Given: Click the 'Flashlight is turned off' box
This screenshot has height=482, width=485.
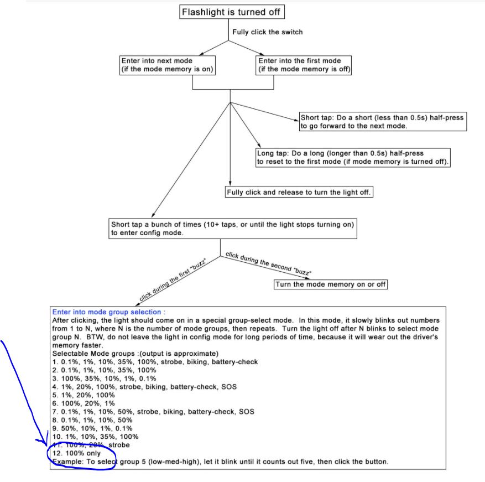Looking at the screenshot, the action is (232, 12).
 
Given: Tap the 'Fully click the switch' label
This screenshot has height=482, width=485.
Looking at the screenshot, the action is (268, 32).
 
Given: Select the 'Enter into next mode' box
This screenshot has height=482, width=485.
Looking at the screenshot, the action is (168, 65).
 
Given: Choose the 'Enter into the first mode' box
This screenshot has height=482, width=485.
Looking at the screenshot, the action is (304, 65).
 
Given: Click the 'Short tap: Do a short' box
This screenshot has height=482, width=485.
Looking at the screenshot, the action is (383, 122).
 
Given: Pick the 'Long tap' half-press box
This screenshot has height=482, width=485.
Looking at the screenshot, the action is (353, 158).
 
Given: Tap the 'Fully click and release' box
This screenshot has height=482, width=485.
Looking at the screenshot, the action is (299, 192).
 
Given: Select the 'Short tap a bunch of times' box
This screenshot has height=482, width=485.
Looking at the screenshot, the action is (233, 229).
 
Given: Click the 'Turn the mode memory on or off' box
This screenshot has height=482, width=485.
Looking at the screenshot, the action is (331, 284).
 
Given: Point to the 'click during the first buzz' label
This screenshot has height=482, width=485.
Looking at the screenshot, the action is (173, 279).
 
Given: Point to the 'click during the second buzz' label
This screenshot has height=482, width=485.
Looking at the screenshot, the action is (268, 263).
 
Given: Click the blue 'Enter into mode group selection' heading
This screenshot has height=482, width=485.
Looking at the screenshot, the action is (109, 312).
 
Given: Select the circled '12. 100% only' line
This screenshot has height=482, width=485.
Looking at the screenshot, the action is (77, 454).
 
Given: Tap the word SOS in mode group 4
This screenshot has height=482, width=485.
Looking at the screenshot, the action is (229, 387).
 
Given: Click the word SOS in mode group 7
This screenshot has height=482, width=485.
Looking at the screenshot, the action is (247, 412).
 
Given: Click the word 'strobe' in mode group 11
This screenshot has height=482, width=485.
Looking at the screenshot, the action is (119, 445).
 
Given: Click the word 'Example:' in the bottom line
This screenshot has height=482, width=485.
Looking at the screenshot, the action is (67, 462).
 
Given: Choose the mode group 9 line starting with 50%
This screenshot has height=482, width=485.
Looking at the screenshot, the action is (92, 428).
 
